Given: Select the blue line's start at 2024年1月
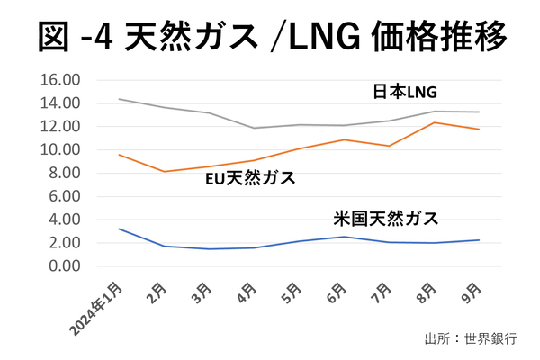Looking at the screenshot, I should (x=120, y=229).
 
